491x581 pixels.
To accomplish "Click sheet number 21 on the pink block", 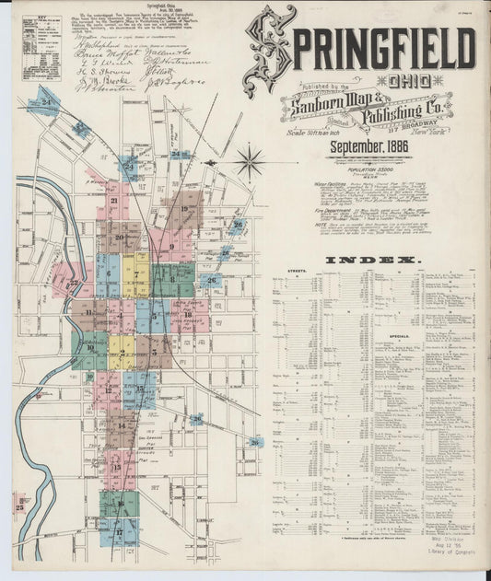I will pyautogui.click(x=114, y=200).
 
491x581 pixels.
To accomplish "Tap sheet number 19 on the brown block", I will pyautogui.click(x=185, y=210).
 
